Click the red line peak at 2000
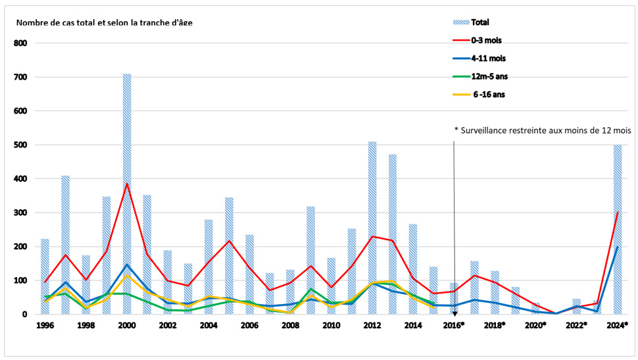127,184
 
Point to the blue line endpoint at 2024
618,247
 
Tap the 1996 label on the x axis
45,325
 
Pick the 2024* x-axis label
618,325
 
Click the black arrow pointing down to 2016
454,224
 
